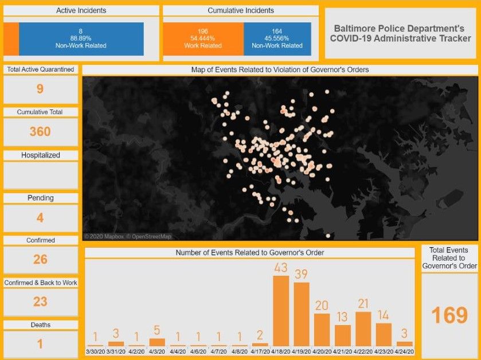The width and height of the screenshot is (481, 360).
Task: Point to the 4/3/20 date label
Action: pyautogui.click(x=157, y=351)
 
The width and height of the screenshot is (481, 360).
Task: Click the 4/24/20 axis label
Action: pyautogui.click(x=405, y=351)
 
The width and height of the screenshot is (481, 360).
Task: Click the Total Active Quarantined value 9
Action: pyautogui.click(x=40, y=89)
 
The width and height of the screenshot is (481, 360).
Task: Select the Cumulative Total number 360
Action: pyautogui.click(x=40, y=131)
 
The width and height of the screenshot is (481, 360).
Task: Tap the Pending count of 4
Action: pyautogui.click(x=40, y=218)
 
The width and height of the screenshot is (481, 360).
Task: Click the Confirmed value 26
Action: pyautogui.click(x=40, y=260)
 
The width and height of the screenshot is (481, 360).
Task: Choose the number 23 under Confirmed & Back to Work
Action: pyautogui.click(x=40, y=302)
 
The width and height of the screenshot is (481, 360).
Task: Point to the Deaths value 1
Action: pyautogui.click(x=40, y=344)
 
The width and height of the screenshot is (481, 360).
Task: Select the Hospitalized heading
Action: pyautogui.click(x=41, y=155)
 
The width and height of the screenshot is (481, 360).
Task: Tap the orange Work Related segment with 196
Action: pyautogui.click(x=203, y=39)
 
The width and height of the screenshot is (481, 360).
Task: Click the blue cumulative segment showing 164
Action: pyautogui.click(x=277, y=39)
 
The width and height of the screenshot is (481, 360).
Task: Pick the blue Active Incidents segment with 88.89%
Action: pyautogui.click(x=81, y=39)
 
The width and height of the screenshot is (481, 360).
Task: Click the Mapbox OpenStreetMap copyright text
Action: pyautogui.click(x=128, y=236)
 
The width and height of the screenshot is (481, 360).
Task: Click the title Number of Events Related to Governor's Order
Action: pyautogui.click(x=249, y=253)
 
